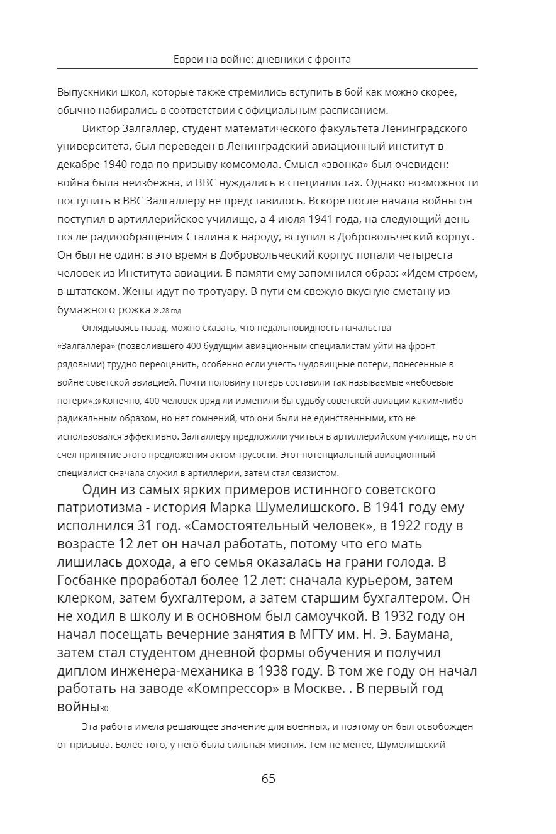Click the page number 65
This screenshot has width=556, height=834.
pyautogui.click(x=269, y=779)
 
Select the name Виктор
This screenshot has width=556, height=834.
pyautogui.click(x=100, y=129)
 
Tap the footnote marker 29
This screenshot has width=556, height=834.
pyautogui.click(x=97, y=401)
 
